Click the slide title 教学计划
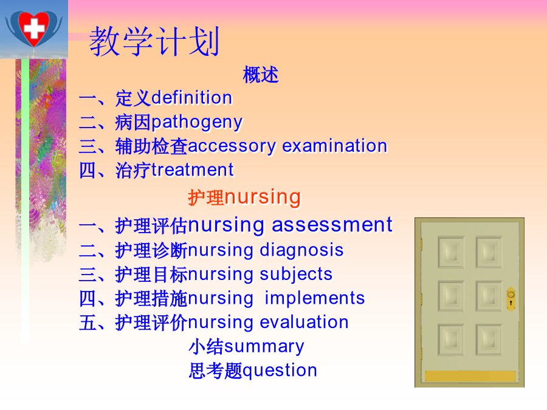(x=154, y=42)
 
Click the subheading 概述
(x=261, y=75)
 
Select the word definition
(x=192, y=98)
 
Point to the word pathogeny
(x=197, y=123)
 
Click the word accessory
(x=232, y=146)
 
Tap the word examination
(x=334, y=146)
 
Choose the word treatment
(x=192, y=170)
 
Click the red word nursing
(x=263, y=197)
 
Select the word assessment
(x=332, y=225)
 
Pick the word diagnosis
(x=301, y=251)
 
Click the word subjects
(x=296, y=275)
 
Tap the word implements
(x=315, y=299)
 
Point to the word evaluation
(x=304, y=322)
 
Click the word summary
(x=264, y=347)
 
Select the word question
(x=280, y=371)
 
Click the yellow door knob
(x=511, y=298)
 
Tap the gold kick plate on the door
(x=470, y=376)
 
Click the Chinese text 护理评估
(x=151, y=225)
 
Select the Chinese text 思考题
(x=216, y=371)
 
